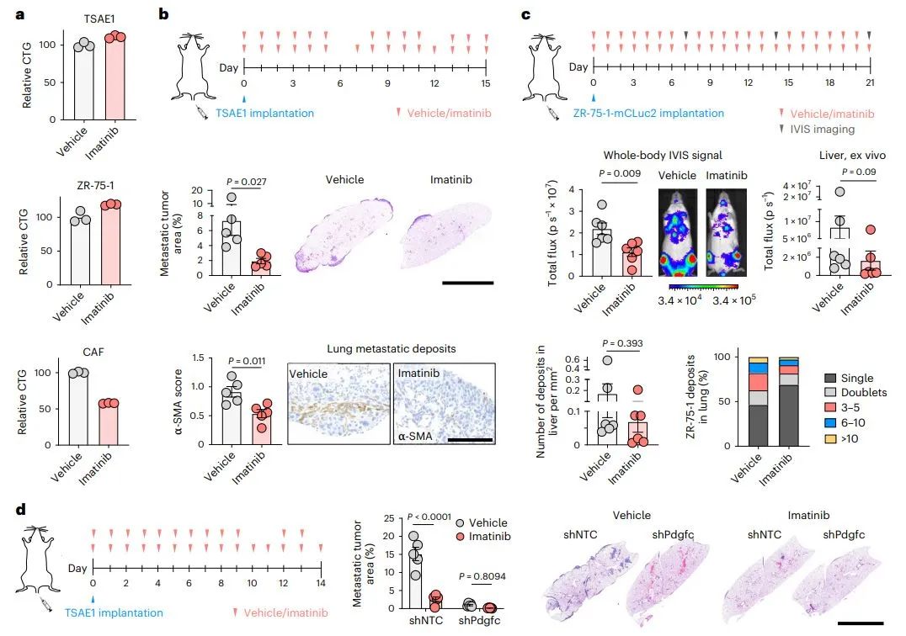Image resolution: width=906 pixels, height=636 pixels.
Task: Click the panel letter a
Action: (x=8, y=13)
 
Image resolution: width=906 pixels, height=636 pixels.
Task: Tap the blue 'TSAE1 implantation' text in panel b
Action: (x=264, y=114)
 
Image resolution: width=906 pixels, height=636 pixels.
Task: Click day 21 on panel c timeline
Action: (x=870, y=82)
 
